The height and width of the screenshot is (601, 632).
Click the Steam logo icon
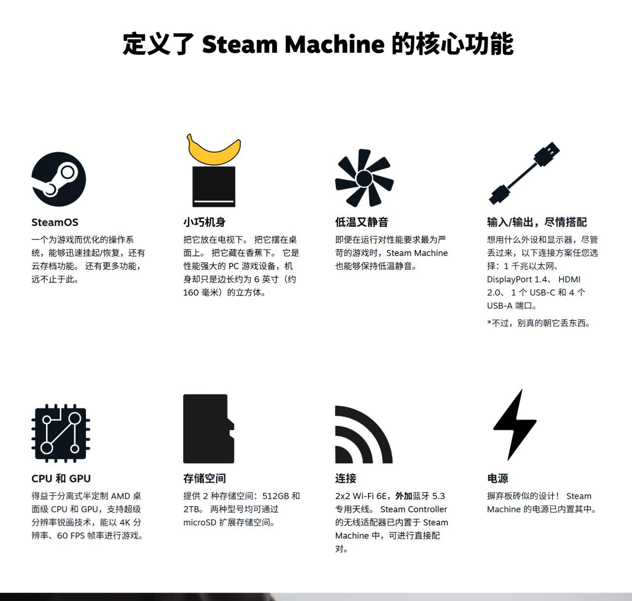58,179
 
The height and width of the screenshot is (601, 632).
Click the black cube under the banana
214,187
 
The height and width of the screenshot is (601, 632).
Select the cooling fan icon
364,178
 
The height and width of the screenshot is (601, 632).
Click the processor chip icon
61,433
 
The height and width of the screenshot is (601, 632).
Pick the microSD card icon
209,429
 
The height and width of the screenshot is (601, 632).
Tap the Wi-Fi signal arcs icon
363,435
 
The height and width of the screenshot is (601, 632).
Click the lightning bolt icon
515,425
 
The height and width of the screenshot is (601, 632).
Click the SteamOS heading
55,222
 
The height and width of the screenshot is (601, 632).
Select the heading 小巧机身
204,222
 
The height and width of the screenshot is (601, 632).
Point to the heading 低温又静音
361,222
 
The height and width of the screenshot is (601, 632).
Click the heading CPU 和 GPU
61,479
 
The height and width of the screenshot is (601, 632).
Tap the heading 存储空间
204,479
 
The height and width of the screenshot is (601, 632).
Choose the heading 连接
346,479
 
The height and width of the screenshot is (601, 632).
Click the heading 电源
498,479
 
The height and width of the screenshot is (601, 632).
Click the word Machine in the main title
334,44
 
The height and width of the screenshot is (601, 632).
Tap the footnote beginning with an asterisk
539,323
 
